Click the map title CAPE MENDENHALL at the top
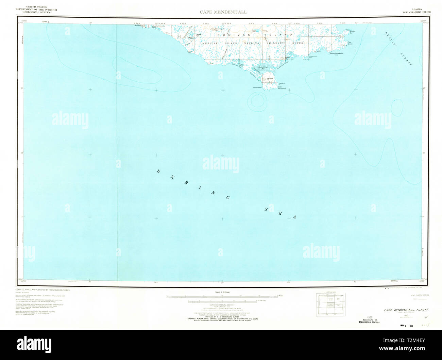[223, 12]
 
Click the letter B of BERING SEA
[158, 171]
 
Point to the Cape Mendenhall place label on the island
[282, 88]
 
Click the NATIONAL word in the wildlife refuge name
[252, 43]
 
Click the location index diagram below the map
[330, 305]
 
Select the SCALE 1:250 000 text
[223, 292]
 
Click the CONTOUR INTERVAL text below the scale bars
[223, 305]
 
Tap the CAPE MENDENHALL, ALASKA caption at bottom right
[406, 310]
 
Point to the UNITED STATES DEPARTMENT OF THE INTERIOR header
[36, 9]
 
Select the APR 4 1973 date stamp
[407, 326]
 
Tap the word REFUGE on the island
[298, 43]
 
